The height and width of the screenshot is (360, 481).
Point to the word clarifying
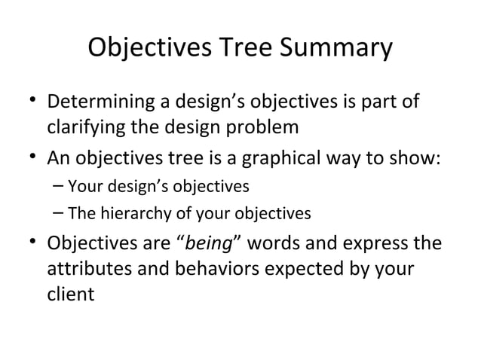coord(84,126)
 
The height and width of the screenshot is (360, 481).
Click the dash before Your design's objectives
coord(59,185)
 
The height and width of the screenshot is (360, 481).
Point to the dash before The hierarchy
coord(59,214)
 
